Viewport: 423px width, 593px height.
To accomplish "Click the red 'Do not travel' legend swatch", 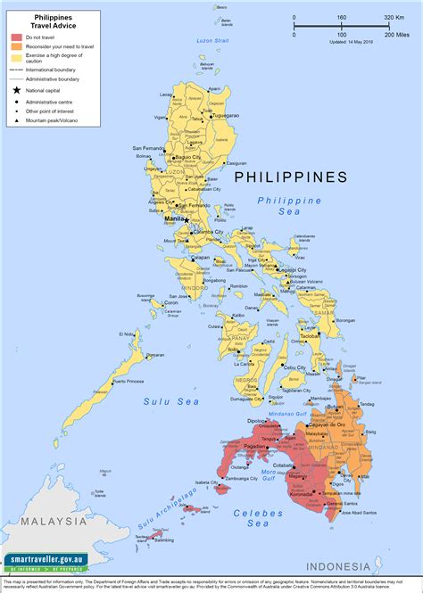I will point(16,38).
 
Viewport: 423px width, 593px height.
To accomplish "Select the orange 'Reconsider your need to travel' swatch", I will point(16,47).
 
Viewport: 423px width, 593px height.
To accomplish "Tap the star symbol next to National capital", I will point(16,90).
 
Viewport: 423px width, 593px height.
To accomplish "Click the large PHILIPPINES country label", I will point(290,177).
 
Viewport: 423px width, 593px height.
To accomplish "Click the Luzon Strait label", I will point(213,40).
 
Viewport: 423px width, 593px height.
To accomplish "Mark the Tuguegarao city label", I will point(223,116).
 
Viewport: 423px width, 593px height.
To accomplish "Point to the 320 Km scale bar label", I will point(394,18).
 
